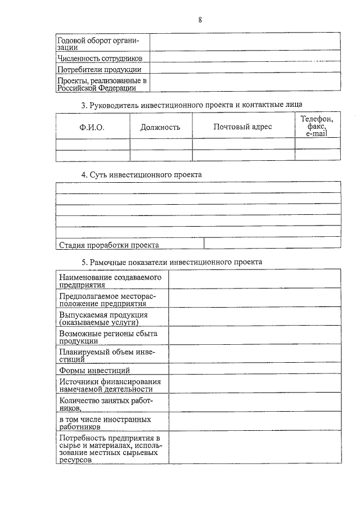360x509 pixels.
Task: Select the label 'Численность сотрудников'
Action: coord(100,58)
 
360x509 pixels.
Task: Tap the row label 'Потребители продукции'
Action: coord(99,70)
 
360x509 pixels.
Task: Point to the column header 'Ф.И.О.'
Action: coord(92,127)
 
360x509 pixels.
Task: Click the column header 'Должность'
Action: coord(160,127)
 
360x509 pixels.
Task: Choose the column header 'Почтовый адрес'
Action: coord(242,127)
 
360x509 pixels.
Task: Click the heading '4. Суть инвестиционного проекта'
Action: coord(141,175)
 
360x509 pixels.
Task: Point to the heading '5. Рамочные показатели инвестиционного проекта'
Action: coord(172,262)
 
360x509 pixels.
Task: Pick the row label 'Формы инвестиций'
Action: coord(94,370)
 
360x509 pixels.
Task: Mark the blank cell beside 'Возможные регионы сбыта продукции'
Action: coord(254,336)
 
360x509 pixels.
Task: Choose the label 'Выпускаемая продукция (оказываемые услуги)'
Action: coord(103,318)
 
